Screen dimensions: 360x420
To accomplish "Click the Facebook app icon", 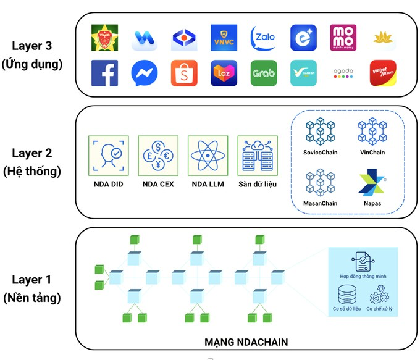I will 104,73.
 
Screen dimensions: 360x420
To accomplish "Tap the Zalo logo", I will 264,38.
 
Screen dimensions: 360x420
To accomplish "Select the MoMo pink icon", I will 343,38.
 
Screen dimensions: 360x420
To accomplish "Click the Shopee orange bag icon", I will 184,73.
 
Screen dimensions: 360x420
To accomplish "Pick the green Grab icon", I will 264,73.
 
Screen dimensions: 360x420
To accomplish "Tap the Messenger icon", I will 144,73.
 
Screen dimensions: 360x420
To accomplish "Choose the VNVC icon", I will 224,38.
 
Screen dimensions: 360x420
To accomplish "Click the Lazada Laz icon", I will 224,73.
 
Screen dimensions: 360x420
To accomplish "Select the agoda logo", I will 343,73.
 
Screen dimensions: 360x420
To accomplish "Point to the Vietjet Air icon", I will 382,73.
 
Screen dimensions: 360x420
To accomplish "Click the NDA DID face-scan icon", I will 109,154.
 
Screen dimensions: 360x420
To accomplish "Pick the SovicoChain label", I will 320,152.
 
